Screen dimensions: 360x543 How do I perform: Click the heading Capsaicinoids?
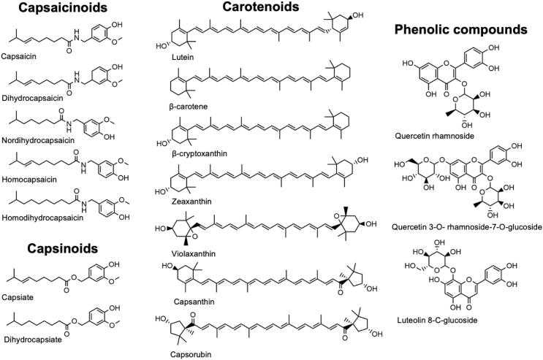coord(55,9)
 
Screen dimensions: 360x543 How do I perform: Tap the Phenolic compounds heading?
coord(460,31)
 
